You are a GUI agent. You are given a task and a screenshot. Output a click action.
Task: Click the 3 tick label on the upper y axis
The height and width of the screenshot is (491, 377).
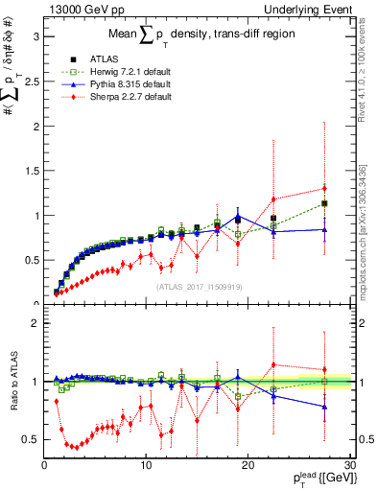(35, 37)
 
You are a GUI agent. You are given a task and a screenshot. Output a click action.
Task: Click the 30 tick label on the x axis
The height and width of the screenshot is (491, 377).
(350, 464)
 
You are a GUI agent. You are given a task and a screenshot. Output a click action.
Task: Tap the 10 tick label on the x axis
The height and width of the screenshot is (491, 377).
(146, 464)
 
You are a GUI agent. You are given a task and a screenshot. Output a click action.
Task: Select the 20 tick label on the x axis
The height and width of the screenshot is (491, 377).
(247, 464)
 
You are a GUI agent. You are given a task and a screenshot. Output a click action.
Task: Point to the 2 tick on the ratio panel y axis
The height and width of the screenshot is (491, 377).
(35, 323)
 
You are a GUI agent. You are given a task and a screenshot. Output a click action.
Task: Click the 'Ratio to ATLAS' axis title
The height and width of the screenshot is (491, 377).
(12, 383)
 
